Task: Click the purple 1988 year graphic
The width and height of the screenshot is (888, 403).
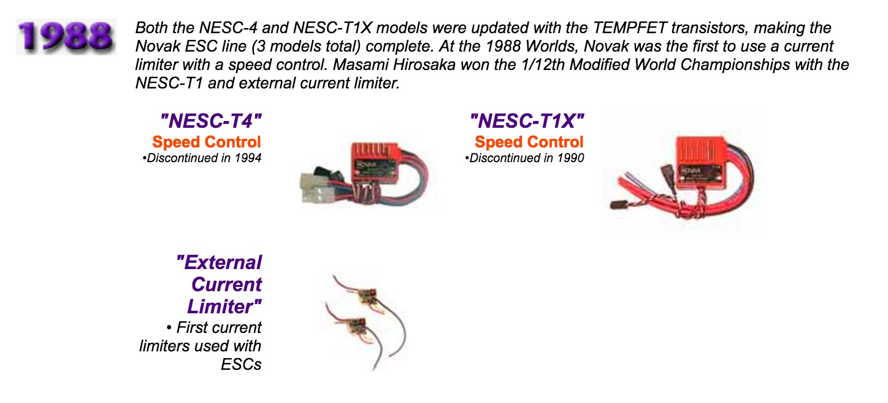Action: [x=66, y=36]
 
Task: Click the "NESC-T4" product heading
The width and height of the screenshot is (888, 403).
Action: [x=211, y=120]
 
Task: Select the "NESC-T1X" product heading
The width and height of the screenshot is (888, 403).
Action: [x=527, y=120]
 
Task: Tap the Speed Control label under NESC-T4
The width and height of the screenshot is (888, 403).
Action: [x=207, y=142]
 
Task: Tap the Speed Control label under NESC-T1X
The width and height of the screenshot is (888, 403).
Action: [x=529, y=142]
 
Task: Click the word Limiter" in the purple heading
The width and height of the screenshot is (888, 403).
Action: [x=224, y=307]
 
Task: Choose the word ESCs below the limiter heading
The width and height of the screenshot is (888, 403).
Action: [x=241, y=364]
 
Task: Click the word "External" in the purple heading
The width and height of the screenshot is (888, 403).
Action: [x=219, y=262]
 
